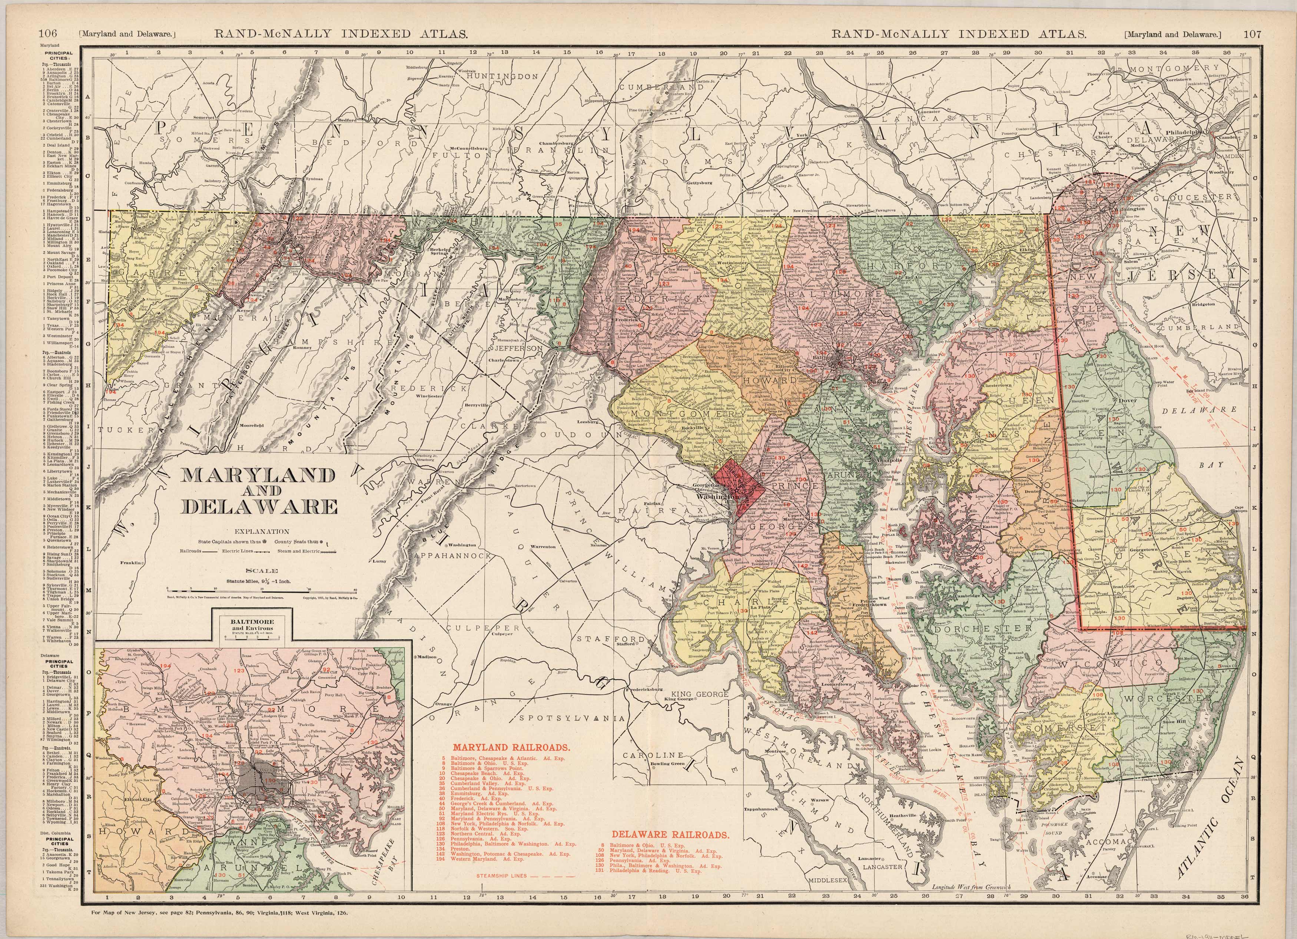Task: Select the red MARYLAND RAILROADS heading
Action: (x=511, y=747)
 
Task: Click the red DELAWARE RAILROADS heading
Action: (x=670, y=835)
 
